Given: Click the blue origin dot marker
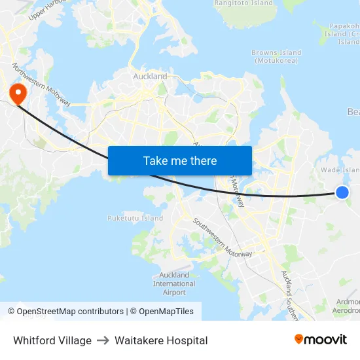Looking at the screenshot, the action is click(342, 192).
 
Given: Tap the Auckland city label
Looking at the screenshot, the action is click(150, 77).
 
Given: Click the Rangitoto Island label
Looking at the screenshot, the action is click(243, 3).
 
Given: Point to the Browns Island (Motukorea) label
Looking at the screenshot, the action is click(277, 56).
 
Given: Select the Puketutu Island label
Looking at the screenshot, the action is click(135, 218).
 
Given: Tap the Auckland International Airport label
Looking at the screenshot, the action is click(174, 283).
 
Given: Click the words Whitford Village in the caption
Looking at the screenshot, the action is click(52, 340).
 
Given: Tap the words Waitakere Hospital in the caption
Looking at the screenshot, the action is click(161, 340).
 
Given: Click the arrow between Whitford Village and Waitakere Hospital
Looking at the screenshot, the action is click(103, 340).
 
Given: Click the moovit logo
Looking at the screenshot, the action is click(320, 340).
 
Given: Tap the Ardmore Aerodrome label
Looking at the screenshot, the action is click(346, 306).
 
